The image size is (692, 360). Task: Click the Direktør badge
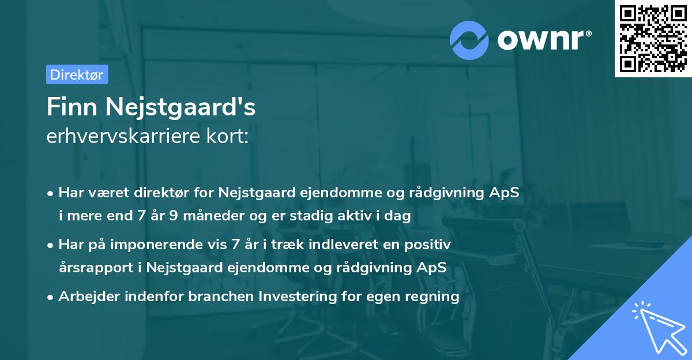click(x=77, y=74)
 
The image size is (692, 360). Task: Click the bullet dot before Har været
click(x=51, y=193)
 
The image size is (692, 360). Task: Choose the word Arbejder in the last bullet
click(x=85, y=297)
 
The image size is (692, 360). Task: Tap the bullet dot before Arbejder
click(x=51, y=297)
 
